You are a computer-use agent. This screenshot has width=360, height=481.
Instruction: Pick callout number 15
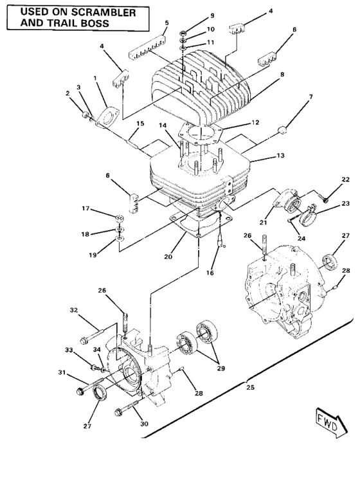coord(140,123)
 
